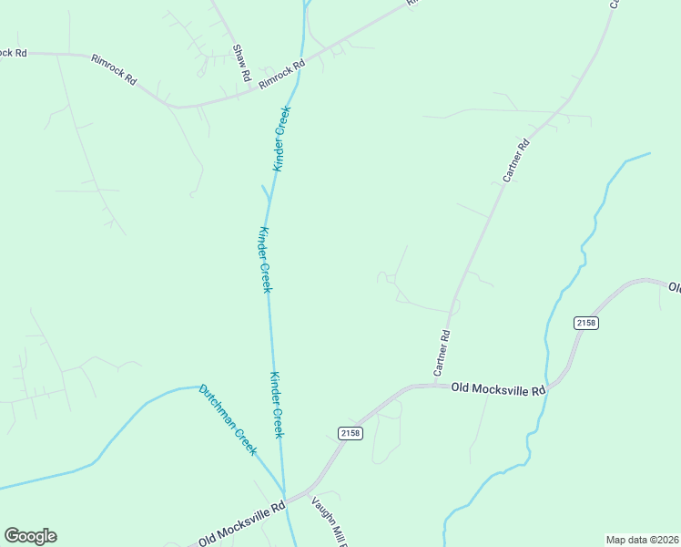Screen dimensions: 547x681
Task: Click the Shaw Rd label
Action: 240,63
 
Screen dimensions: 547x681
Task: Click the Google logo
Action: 30,536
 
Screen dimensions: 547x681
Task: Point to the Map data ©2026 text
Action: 643,539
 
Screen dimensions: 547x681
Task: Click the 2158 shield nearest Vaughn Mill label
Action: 350,432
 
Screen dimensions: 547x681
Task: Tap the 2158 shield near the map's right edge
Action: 586,323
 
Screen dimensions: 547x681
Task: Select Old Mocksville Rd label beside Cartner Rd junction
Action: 498,388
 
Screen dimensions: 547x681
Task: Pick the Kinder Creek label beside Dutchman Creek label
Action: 278,405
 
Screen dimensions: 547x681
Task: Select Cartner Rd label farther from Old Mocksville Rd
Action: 516,160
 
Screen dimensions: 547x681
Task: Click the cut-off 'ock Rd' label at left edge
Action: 14,53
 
